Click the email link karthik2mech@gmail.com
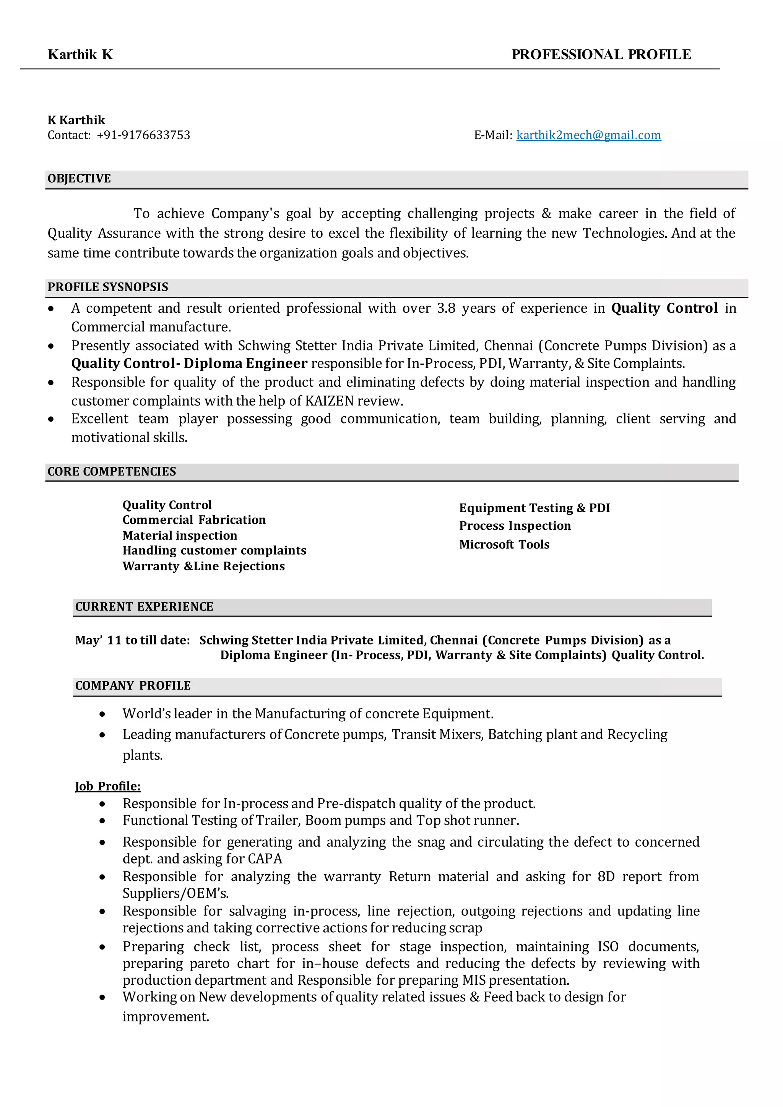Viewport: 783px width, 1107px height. pyautogui.click(x=588, y=135)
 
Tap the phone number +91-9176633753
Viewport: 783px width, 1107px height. pyautogui.click(x=143, y=135)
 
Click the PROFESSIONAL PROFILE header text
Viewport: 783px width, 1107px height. pyautogui.click(x=601, y=55)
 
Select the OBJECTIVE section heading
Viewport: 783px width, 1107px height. pyautogui.click(x=79, y=179)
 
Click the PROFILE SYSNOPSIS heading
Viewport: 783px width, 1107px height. pyautogui.click(x=107, y=287)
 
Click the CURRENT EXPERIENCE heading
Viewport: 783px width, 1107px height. pyautogui.click(x=144, y=607)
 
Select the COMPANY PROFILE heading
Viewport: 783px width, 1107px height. pyautogui.click(x=133, y=686)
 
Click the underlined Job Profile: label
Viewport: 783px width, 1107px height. pyautogui.click(x=107, y=786)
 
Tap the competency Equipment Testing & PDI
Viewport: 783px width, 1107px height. pyautogui.click(x=534, y=508)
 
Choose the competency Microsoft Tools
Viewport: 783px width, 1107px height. pyautogui.click(x=504, y=544)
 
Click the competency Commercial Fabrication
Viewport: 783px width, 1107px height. pyautogui.click(x=194, y=520)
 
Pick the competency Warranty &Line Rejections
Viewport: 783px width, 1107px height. pyautogui.click(x=203, y=566)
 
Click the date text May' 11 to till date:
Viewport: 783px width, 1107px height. pyautogui.click(x=133, y=640)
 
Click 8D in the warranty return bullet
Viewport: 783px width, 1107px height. pyautogui.click(x=606, y=877)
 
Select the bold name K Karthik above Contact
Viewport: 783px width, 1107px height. pyautogui.click(x=76, y=120)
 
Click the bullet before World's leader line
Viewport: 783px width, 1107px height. pyautogui.click(x=102, y=714)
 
